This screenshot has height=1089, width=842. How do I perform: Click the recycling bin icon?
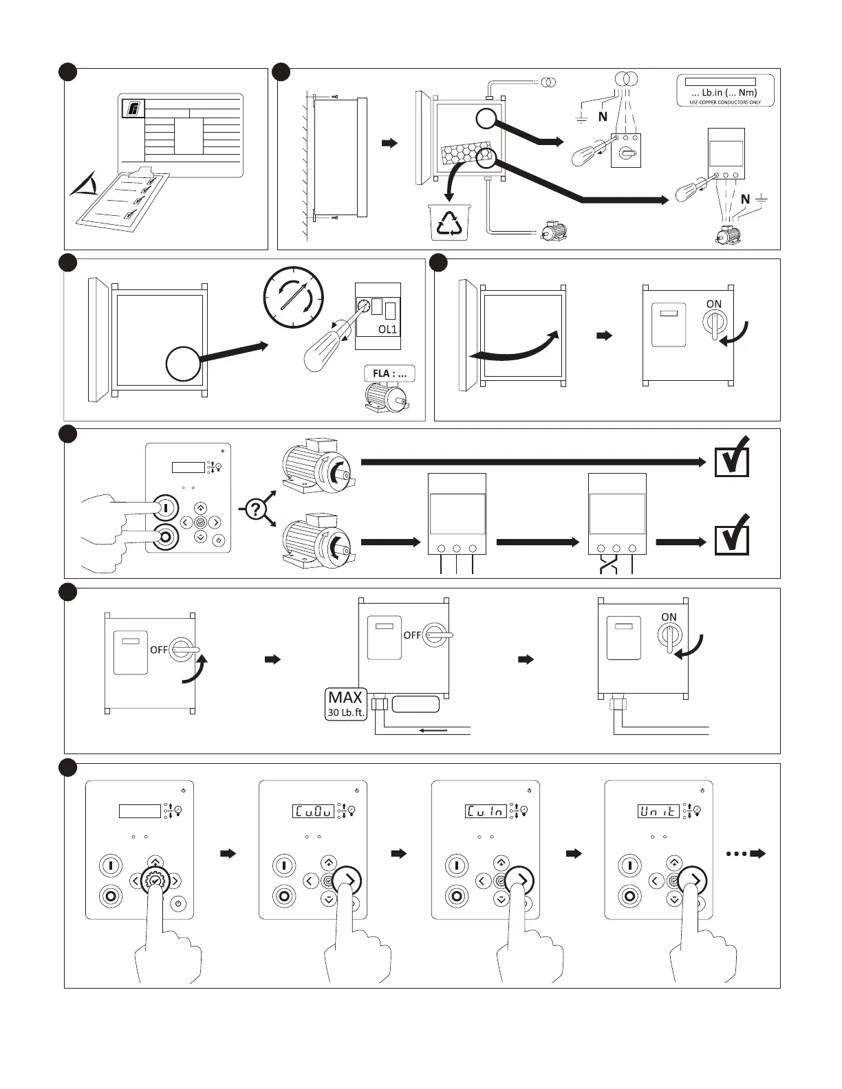(449, 221)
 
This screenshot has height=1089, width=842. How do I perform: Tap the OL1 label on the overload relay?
(387, 329)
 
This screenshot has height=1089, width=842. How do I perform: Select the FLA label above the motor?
(389, 374)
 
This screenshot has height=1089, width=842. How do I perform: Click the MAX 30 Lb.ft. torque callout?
(345, 704)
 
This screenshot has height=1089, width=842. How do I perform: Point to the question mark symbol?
(256, 509)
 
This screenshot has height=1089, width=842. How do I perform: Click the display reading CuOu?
(313, 811)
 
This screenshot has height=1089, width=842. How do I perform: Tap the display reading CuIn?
(486, 811)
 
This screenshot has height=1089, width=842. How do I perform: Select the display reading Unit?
(658, 811)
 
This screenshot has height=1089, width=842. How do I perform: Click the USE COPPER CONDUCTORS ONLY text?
(725, 102)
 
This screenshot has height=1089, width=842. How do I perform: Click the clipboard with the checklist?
(124, 197)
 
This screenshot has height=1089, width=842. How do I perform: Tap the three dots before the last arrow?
(736, 854)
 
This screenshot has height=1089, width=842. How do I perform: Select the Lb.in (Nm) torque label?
(725, 92)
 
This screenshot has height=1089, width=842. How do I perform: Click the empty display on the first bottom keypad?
(140, 811)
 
